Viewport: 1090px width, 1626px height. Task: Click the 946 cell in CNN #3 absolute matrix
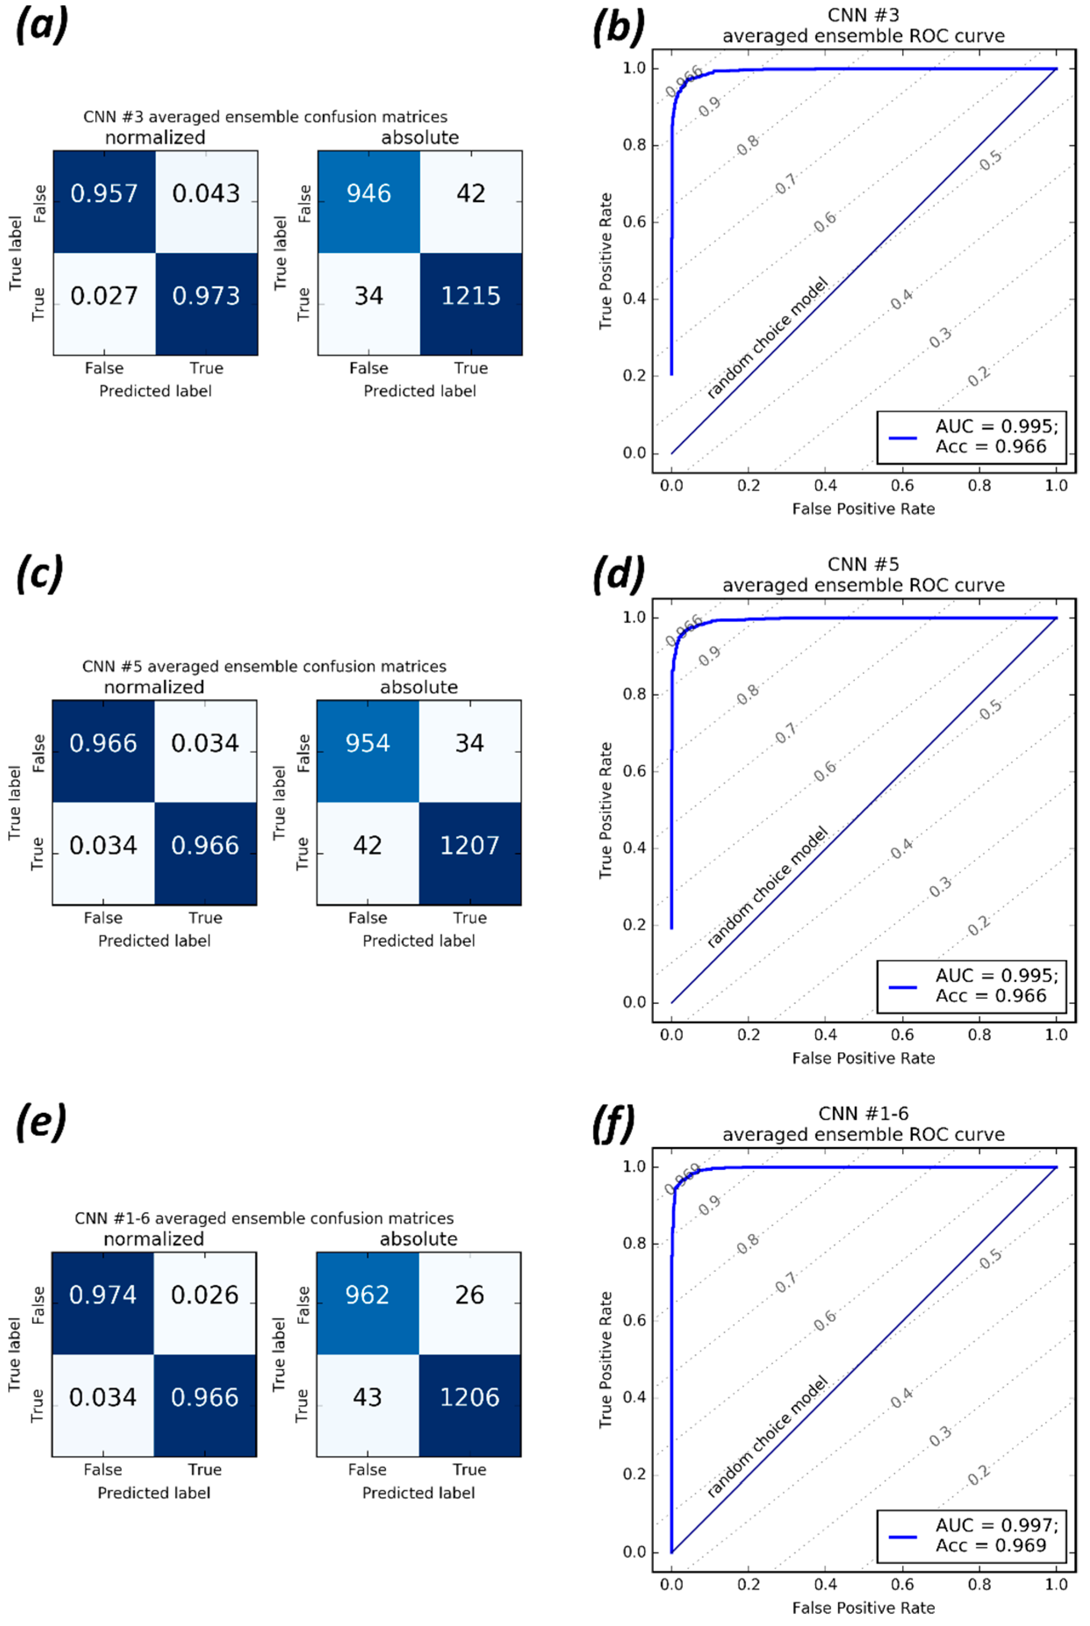point(369,193)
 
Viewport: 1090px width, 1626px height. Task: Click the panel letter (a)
point(42,26)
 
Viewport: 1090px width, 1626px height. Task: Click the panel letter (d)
point(618,575)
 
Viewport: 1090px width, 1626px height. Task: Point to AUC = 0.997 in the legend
point(996,1525)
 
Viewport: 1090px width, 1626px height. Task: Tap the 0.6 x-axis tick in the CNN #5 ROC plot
point(902,1034)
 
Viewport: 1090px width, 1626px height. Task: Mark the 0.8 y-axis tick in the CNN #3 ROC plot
point(634,145)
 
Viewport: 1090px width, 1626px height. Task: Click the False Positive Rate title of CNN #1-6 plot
point(864,1607)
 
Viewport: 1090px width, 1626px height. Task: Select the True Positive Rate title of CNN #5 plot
point(606,810)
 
